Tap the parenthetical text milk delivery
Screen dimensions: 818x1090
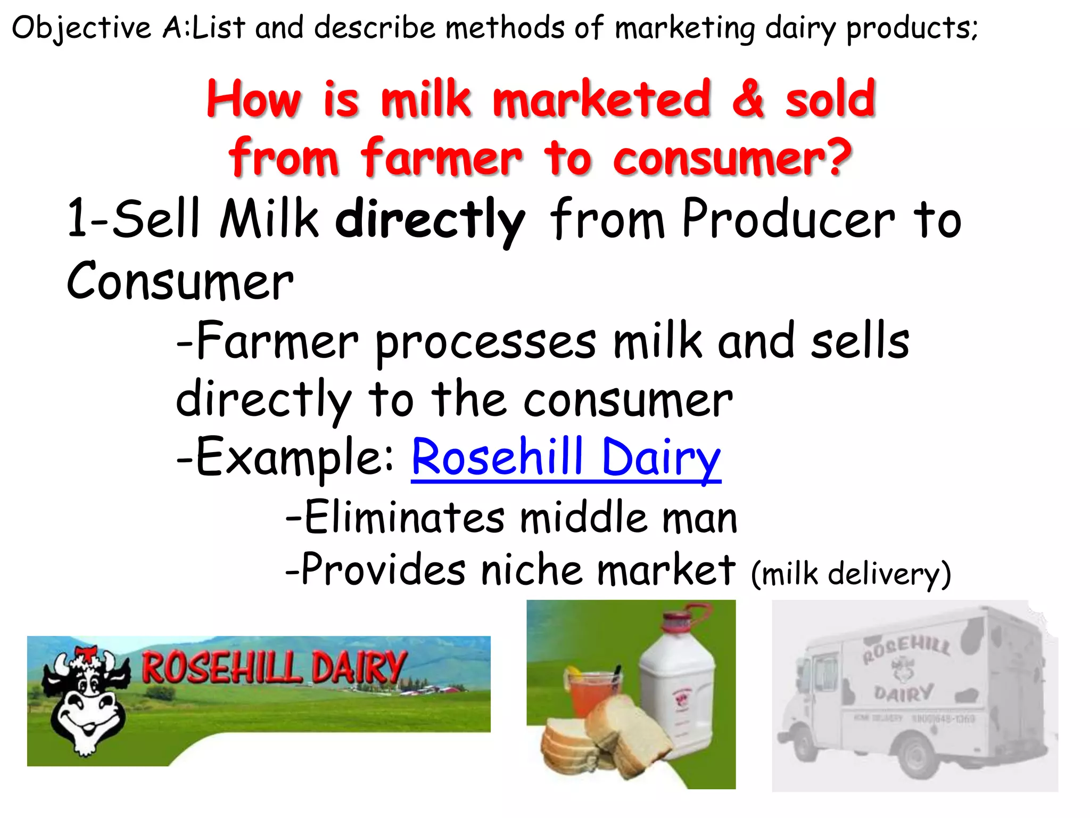(850, 574)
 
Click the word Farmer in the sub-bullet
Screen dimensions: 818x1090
(277, 341)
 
